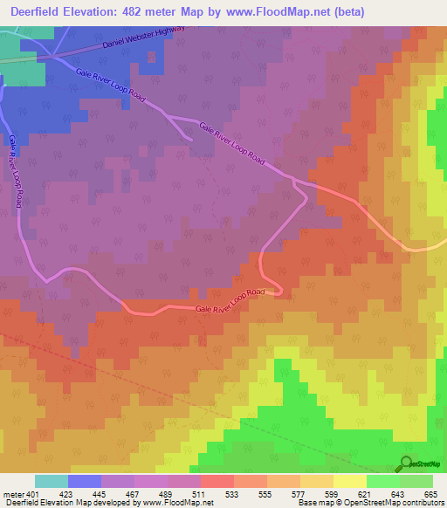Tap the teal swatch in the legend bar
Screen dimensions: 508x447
51,481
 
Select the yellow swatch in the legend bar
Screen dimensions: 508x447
349,481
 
